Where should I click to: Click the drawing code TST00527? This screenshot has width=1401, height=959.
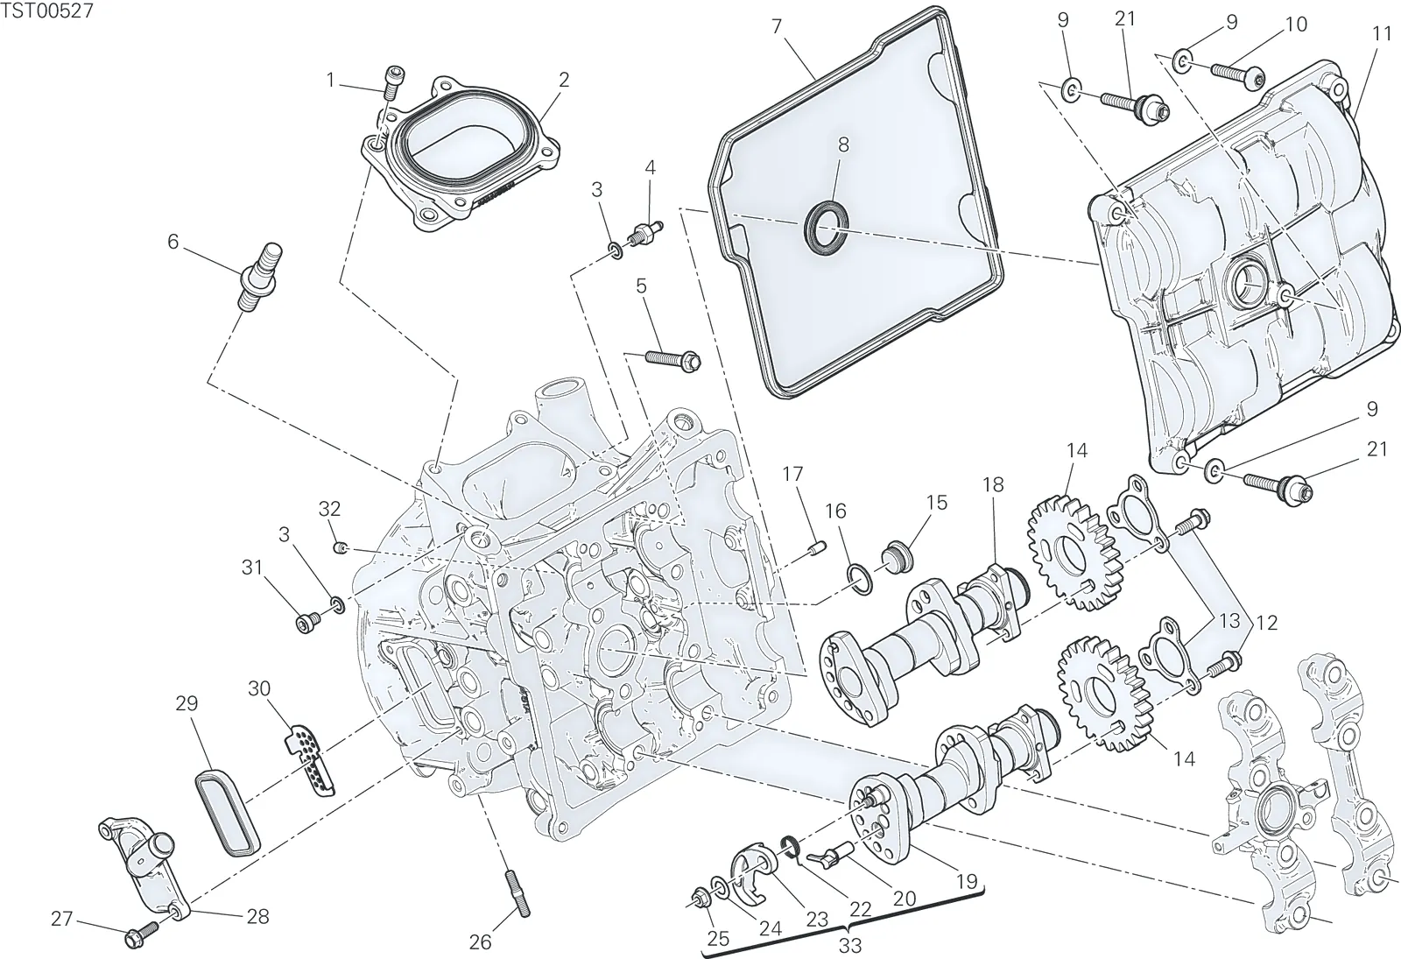coord(47,11)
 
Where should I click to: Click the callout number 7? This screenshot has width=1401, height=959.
coord(777,26)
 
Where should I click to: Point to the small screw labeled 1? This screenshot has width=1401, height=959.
coord(393,82)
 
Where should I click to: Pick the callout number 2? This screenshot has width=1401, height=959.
coord(564,80)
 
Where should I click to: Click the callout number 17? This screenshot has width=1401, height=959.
coord(792,474)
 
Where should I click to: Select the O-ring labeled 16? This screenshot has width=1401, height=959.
coord(860,580)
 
